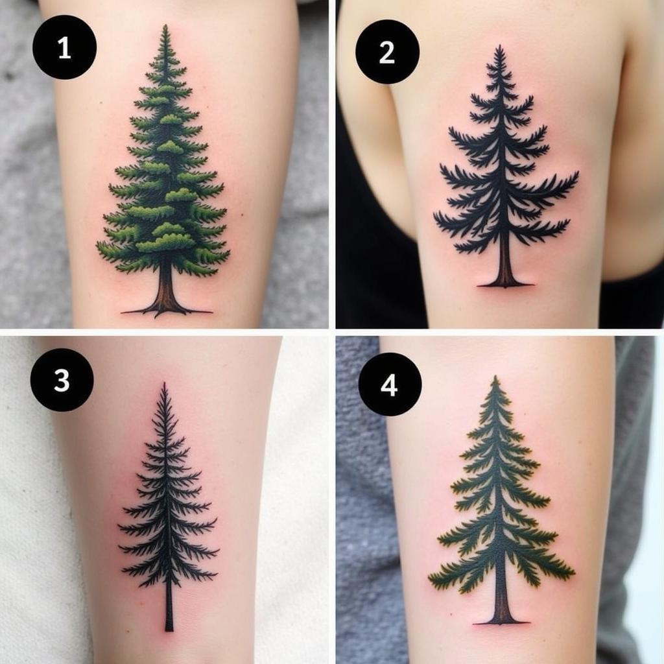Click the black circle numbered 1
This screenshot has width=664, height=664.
click(x=64, y=47)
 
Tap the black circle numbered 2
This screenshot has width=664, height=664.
click(x=388, y=52)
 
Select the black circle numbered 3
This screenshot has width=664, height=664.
click(x=62, y=380)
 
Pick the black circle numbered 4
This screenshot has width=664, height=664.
click(x=390, y=385)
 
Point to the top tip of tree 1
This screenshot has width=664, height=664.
click(x=166, y=25)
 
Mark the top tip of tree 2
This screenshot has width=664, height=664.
click(x=500, y=45)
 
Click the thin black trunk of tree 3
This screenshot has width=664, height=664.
click(x=169, y=606)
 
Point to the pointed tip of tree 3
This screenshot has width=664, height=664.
click(x=164, y=383)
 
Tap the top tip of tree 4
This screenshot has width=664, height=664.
click(x=495, y=377)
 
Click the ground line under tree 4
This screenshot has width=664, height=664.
click(x=501, y=623)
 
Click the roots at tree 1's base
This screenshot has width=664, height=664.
click(x=166, y=312)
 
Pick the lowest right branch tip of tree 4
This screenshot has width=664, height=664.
click(x=573, y=575)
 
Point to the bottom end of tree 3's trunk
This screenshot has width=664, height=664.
click(x=169, y=632)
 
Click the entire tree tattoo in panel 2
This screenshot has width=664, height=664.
click(x=506, y=167)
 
